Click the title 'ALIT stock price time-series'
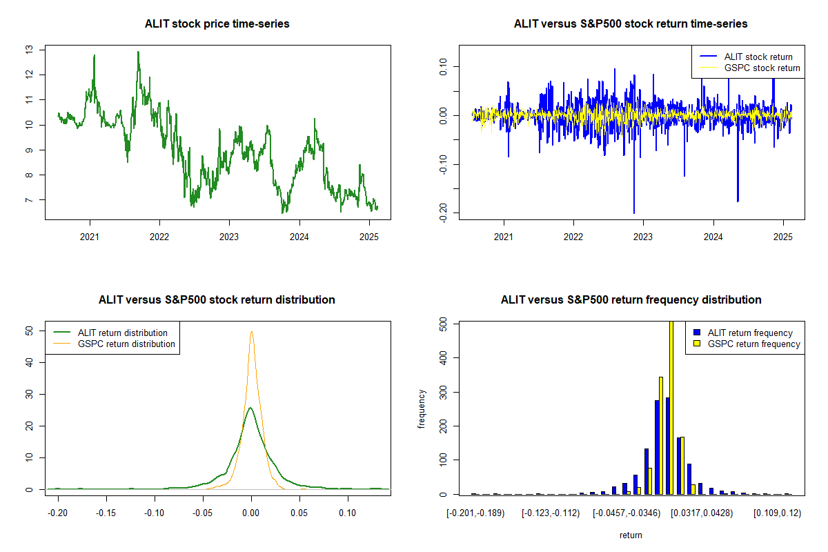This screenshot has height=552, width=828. [x=217, y=23]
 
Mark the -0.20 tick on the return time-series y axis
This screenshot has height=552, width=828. [x=443, y=213]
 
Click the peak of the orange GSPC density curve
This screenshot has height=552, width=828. [x=251, y=332]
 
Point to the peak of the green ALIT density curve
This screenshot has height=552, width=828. [x=250, y=408]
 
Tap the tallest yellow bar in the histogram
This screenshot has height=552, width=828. [x=671, y=407]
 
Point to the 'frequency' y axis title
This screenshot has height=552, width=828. [x=422, y=408]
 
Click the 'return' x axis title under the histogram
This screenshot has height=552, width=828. [x=630, y=535]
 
